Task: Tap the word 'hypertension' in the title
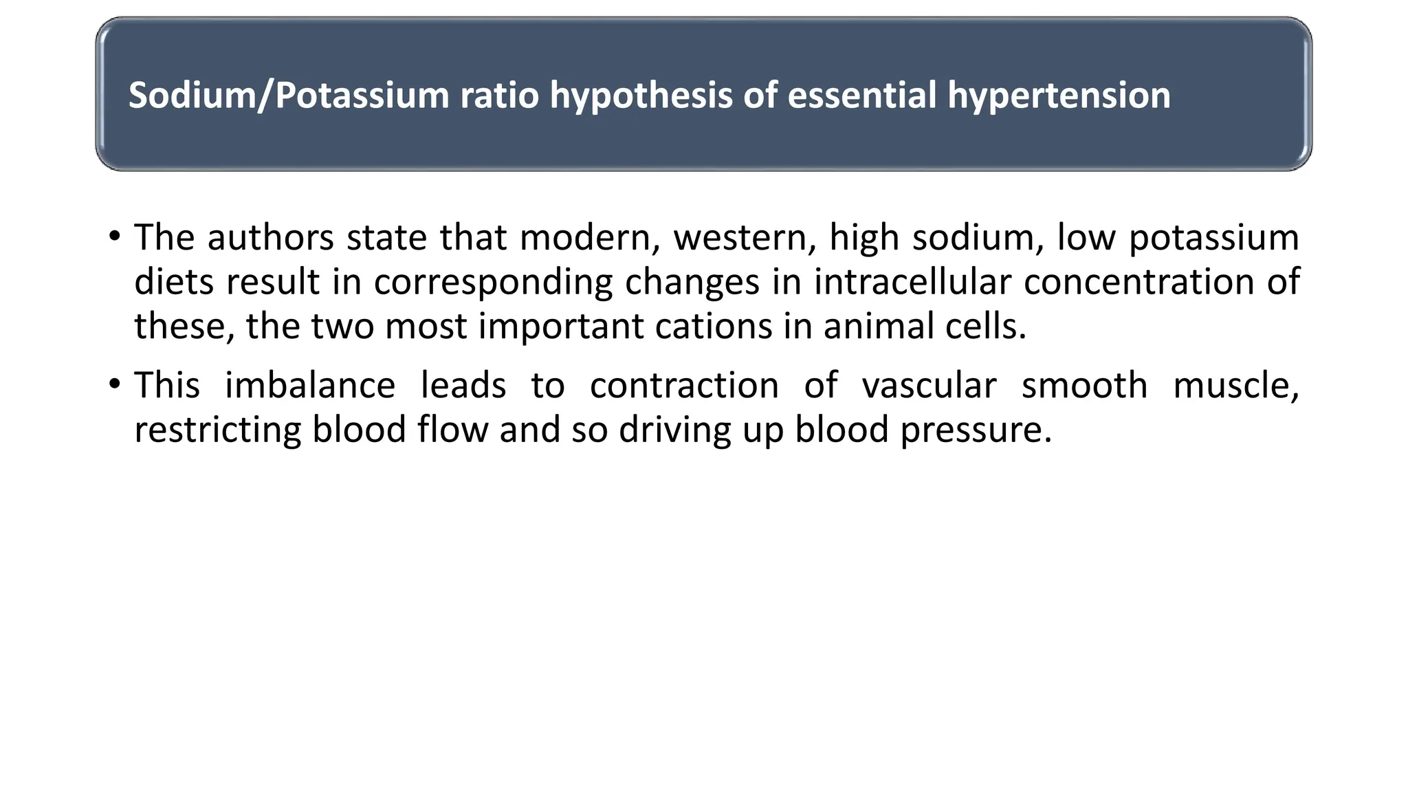pos(1059,95)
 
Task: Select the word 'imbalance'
pos(310,385)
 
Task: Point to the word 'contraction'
pos(684,385)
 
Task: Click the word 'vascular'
pos(929,385)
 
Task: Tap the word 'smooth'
pos(1084,385)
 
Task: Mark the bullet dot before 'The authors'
pos(114,237)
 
